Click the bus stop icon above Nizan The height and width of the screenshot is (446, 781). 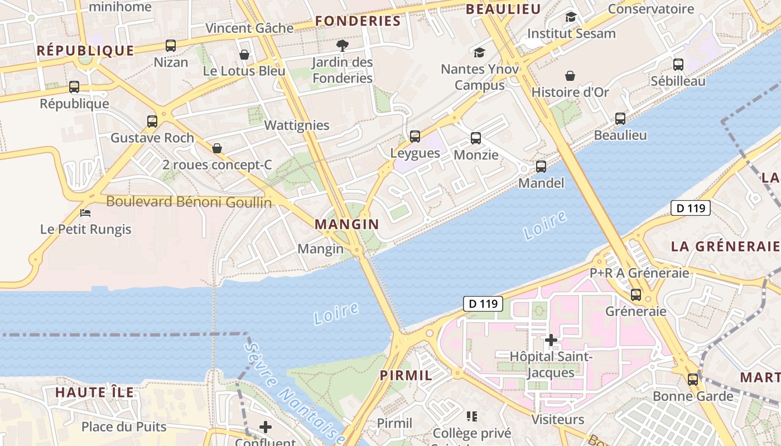click(x=171, y=46)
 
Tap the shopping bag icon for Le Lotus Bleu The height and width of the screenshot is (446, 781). click(x=244, y=55)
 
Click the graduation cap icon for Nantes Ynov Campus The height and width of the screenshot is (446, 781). click(x=479, y=53)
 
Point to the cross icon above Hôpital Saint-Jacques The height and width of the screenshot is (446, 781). click(x=551, y=340)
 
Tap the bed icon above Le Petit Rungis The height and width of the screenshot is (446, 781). click(x=85, y=213)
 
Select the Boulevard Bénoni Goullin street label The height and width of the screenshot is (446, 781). click(x=189, y=202)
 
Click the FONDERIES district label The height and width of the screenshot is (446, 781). click(x=358, y=21)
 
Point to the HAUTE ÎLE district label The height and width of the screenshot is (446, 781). click(x=94, y=392)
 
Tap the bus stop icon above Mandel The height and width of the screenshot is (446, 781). click(x=541, y=167)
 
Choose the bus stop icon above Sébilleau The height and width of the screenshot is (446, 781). click(x=678, y=65)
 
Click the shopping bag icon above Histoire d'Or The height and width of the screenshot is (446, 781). click(x=570, y=76)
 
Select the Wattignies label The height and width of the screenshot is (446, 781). click(x=297, y=125)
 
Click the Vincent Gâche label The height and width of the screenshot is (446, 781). click(x=249, y=28)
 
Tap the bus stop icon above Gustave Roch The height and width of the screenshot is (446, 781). click(x=152, y=121)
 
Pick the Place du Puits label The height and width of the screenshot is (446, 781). click(x=124, y=426)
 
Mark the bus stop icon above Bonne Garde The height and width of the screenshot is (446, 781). click(x=693, y=380)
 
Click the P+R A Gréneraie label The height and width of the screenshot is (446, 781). click(x=639, y=273)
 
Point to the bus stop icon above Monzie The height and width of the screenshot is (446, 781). click(x=476, y=138)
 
